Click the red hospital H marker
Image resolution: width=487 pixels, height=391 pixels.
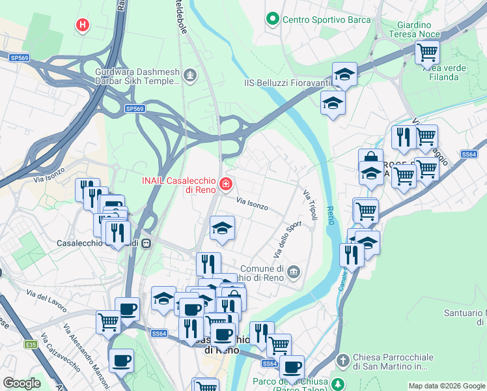[x=82, y=25]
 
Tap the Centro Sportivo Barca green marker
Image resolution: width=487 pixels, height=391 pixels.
[x=272, y=20]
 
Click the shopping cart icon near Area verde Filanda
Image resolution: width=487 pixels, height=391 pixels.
[x=428, y=51]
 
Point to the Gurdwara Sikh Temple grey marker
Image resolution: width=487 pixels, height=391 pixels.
[x=189, y=75]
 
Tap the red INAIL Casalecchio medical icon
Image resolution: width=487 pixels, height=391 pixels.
[x=225, y=186]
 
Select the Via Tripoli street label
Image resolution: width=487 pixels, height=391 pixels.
[x=310, y=205]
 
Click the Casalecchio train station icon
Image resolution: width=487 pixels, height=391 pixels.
[x=147, y=243]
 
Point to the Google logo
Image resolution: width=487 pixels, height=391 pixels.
[x=21, y=383]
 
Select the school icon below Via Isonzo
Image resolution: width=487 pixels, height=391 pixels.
[x=222, y=228]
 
